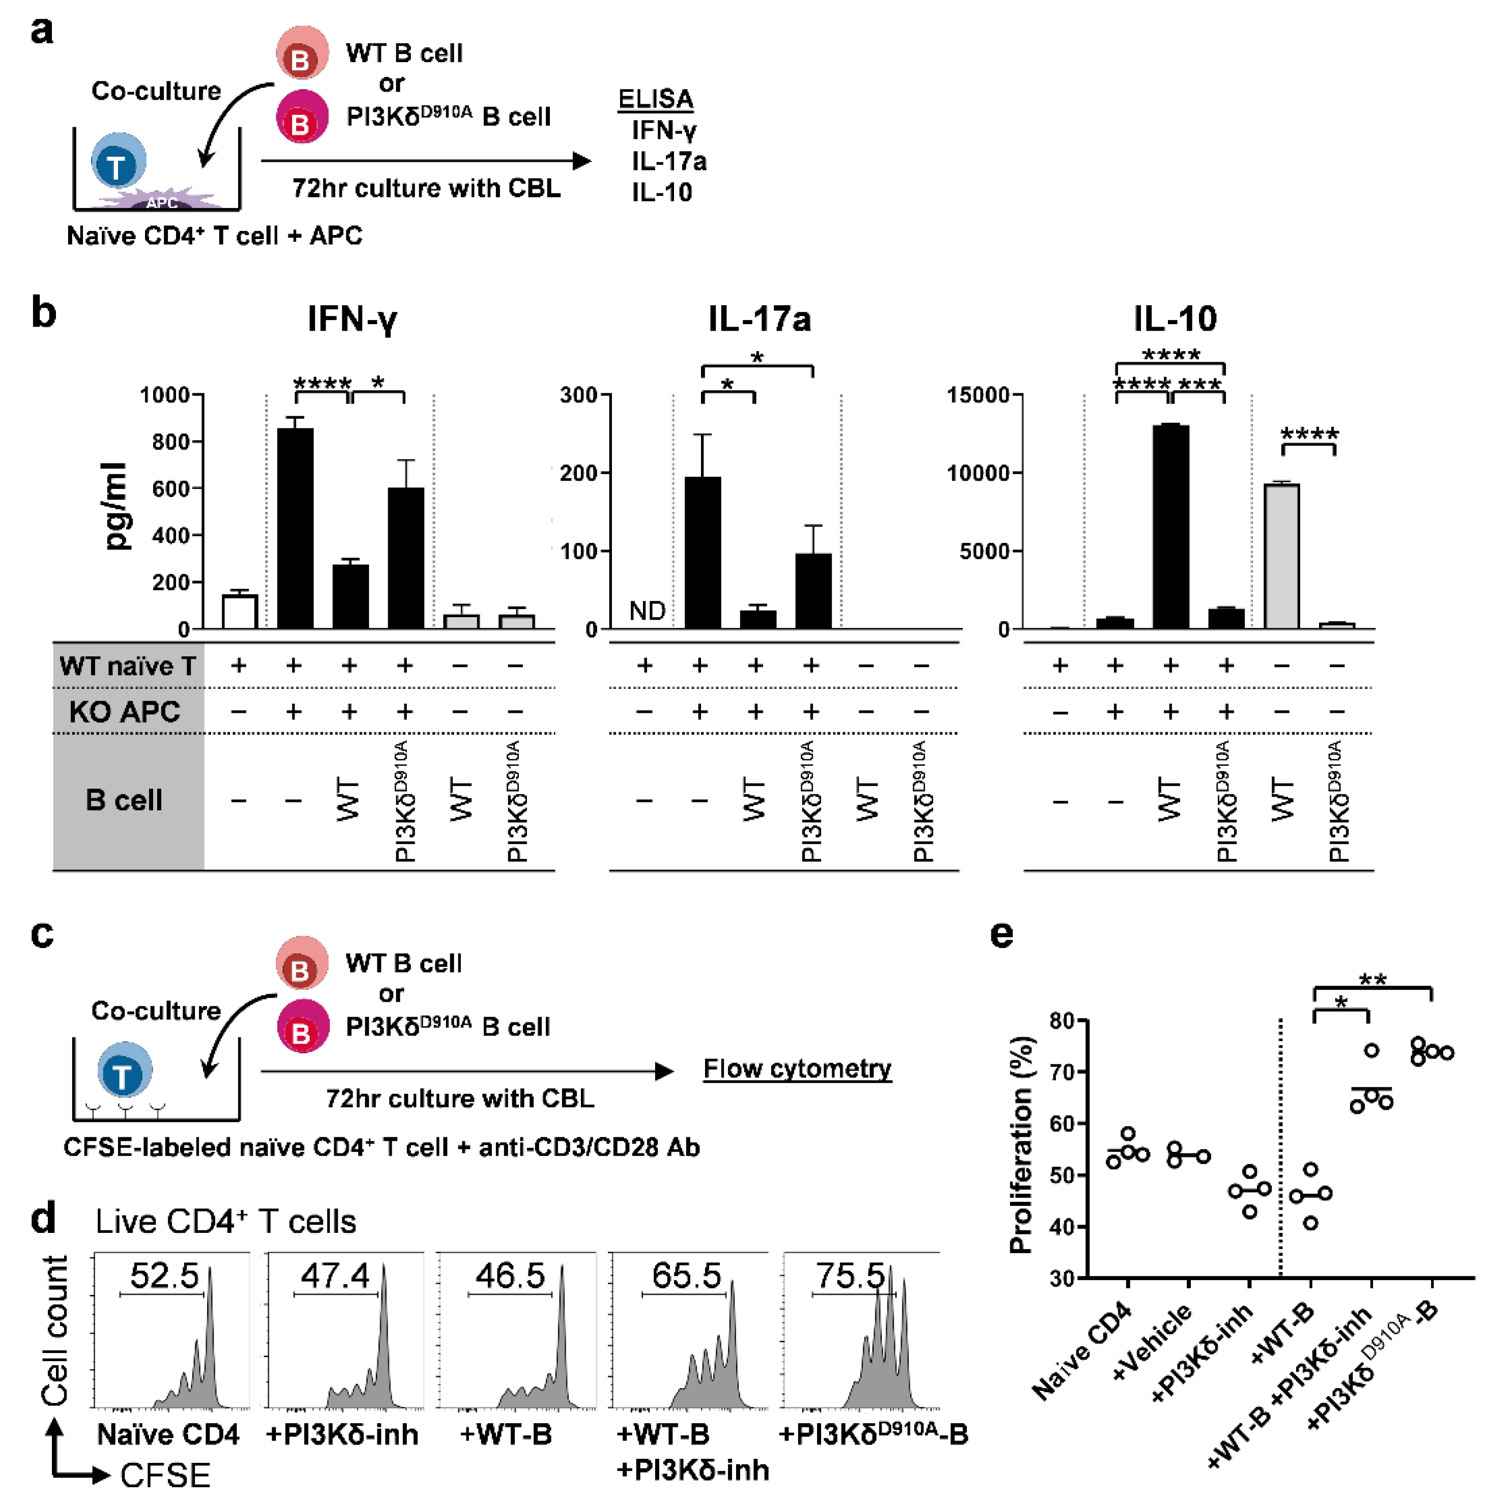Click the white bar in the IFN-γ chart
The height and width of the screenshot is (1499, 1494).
[240, 612]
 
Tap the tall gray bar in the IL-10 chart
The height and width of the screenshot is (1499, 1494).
[1281, 556]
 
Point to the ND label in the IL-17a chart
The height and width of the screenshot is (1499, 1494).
[647, 612]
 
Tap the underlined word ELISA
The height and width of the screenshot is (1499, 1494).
[656, 99]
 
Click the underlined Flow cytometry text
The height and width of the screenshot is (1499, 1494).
[797, 1069]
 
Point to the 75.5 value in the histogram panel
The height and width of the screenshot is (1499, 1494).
[849, 1276]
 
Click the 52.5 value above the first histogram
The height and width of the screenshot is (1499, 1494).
[164, 1276]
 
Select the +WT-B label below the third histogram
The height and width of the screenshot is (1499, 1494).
[506, 1434]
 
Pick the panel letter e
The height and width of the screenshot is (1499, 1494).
[1002, 933]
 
